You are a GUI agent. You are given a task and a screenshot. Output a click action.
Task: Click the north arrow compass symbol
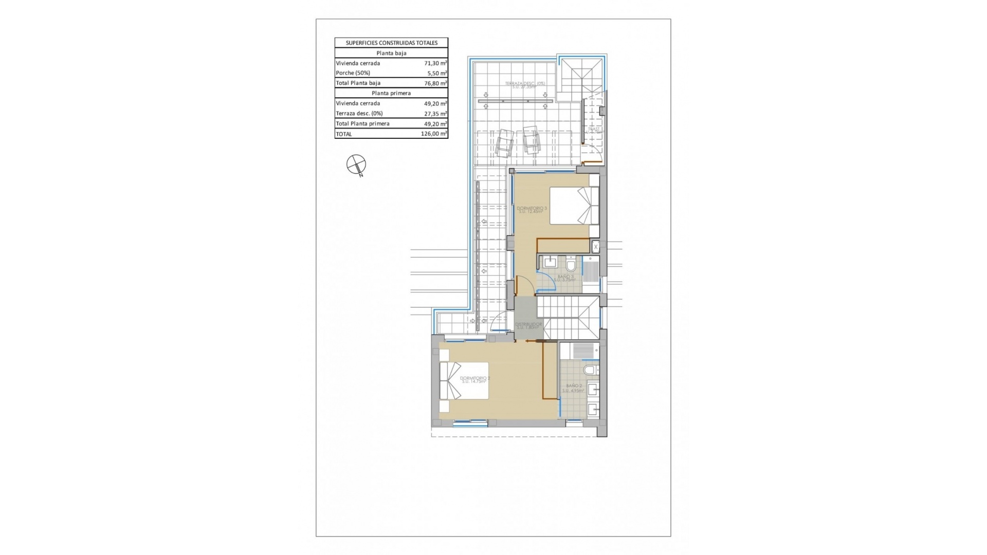tap(356, 165)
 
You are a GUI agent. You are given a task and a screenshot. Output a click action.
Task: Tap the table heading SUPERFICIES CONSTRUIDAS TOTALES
tap(391, 43)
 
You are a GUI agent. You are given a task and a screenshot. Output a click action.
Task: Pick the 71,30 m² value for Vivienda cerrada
tap(435, 63)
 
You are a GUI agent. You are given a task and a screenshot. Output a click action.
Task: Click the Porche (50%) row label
tap(353, 73)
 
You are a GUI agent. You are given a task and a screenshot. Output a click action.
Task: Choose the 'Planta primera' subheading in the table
tap(391, 93)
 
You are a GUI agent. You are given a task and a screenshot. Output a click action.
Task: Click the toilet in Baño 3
tap(571, 265)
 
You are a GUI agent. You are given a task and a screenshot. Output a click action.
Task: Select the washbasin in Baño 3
tap(550, 262)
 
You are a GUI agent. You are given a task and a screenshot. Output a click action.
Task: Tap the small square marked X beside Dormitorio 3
tap(596, 247)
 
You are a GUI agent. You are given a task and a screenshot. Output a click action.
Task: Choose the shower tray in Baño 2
tap(582, 350)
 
